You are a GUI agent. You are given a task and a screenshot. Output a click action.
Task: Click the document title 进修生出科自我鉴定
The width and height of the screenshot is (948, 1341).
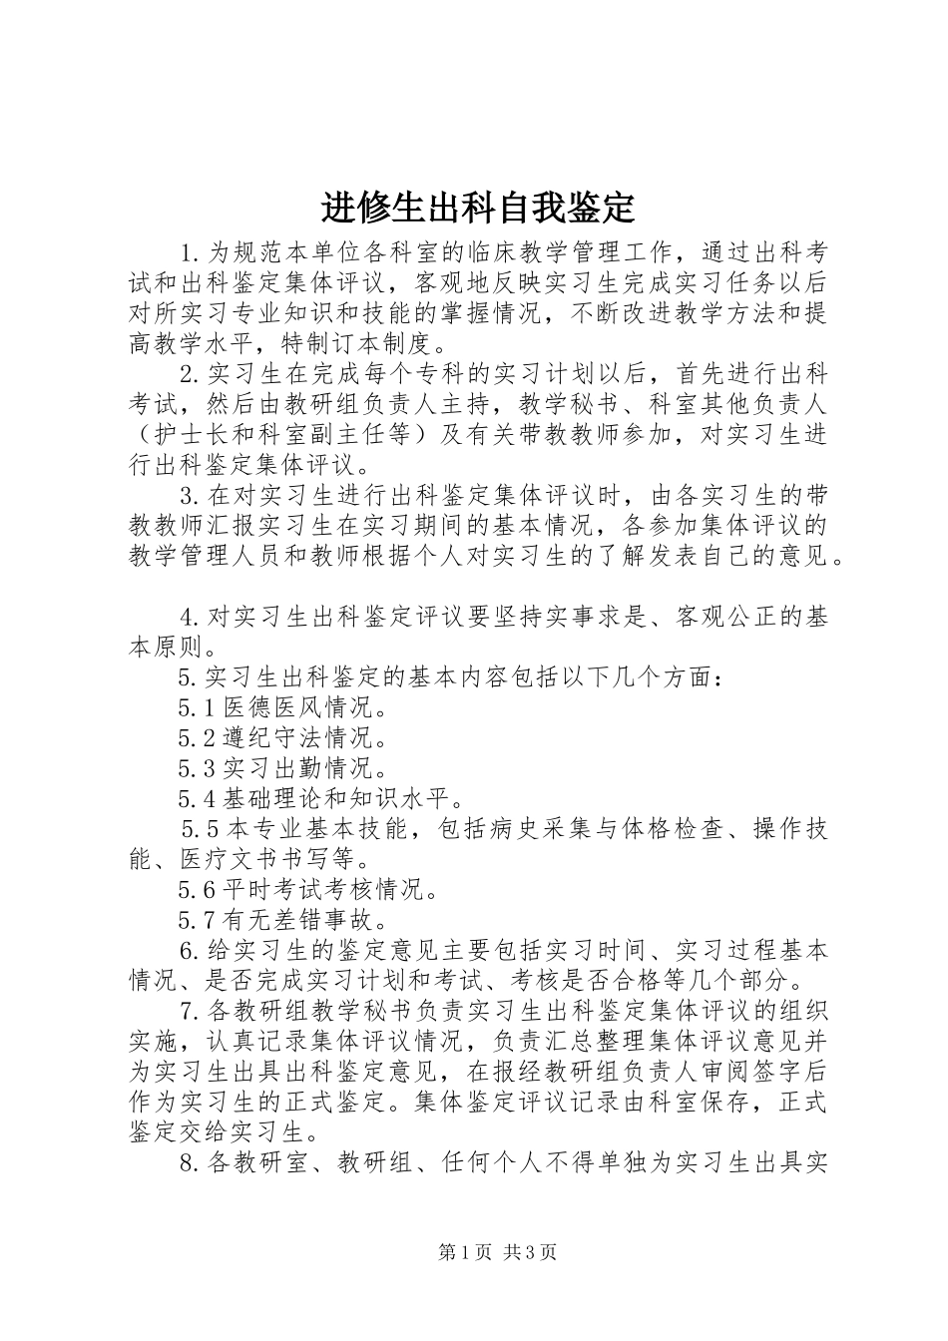(478, 208)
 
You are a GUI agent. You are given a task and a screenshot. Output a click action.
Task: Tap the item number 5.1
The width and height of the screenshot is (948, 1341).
(197, 708)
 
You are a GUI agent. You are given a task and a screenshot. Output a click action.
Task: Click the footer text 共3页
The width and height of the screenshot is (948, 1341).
(530, 1252)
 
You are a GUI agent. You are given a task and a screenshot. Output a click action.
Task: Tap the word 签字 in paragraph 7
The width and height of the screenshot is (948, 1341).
(769, 1073)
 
